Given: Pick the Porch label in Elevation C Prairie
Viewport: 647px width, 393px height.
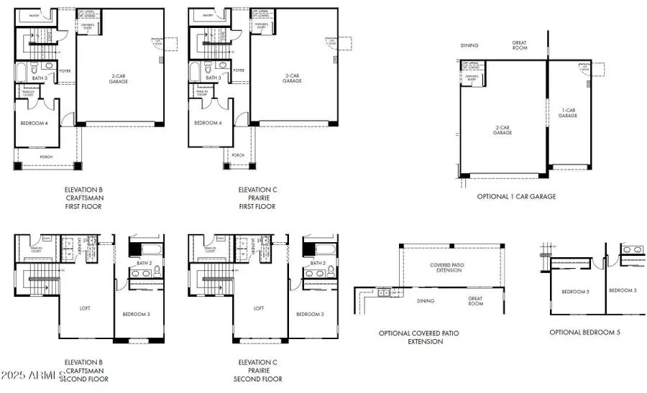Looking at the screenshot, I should click(238, 154).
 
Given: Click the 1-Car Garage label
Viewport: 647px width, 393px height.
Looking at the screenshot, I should click(568, 113).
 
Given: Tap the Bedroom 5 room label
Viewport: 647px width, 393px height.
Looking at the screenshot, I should click(575, 291).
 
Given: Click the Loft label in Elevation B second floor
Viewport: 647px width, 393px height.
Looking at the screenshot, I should click(85, 308).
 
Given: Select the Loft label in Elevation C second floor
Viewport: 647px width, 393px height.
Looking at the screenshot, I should click(259, 308).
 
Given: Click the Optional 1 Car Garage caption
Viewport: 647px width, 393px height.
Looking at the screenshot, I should click(516, 196).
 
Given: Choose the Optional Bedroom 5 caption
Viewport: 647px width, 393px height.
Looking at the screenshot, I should click(584, 333).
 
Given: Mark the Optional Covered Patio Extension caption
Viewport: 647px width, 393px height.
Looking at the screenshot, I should click(418, 337).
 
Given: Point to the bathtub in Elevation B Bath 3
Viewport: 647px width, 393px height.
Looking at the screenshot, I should click(21, 73).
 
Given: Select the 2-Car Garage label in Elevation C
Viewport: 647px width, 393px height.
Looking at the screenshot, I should click(292, 78).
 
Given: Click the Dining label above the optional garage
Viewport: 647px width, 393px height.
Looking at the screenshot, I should click(469, 45).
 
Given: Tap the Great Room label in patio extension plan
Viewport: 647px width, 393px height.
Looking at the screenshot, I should click(475, 301).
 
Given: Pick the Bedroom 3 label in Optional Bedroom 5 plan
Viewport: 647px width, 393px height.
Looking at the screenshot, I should click(623, 290).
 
